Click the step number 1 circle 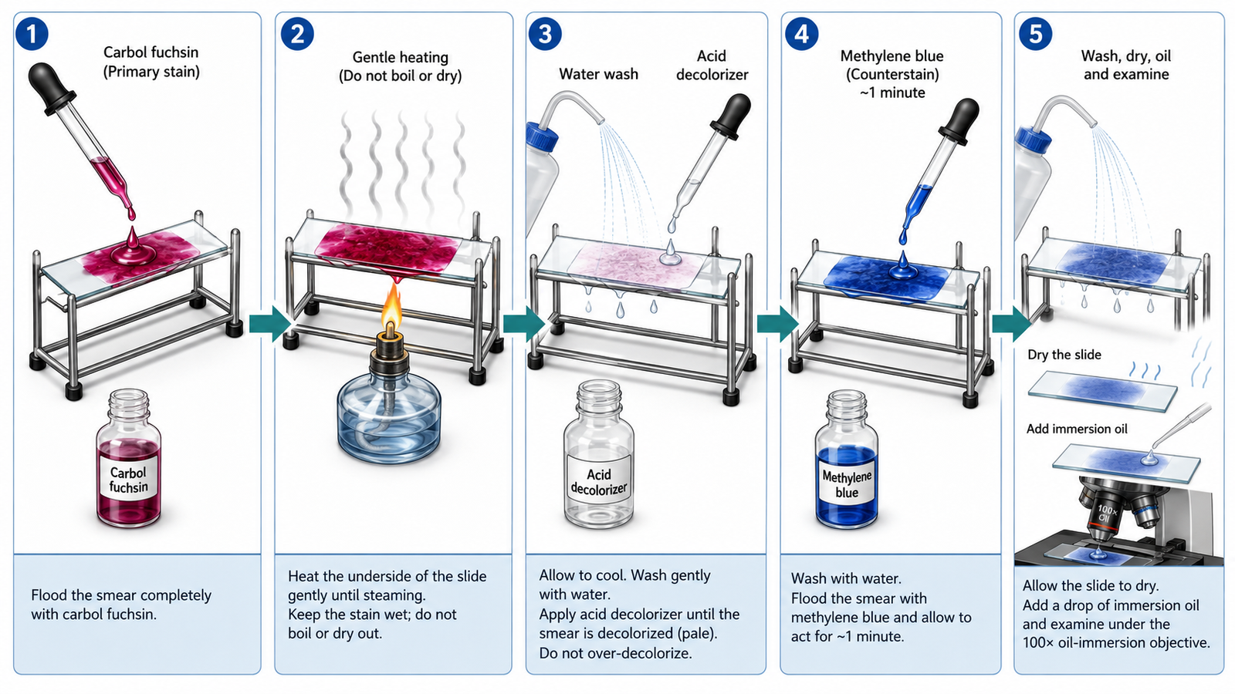click(x=32, y=34)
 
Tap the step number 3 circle click(x=545, y=34)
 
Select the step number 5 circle click(x=1035, y=34)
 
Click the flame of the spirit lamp click(x=392, y=308)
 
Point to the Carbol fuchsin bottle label click(x=128, y=480)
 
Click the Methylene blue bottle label click(x=846, y=485)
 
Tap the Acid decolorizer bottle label click(x=599, y=481)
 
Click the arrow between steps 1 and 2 click(x=269, y=324)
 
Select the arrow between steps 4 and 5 click(x=1010, y=324)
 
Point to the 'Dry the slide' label click(x=1064, y=355)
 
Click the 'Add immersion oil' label click(x=1077, y=429)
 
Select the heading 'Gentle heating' click(x=401, y=57)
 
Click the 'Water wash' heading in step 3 click(x=599, y=74)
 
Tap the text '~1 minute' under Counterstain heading click(x=892, y=93)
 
